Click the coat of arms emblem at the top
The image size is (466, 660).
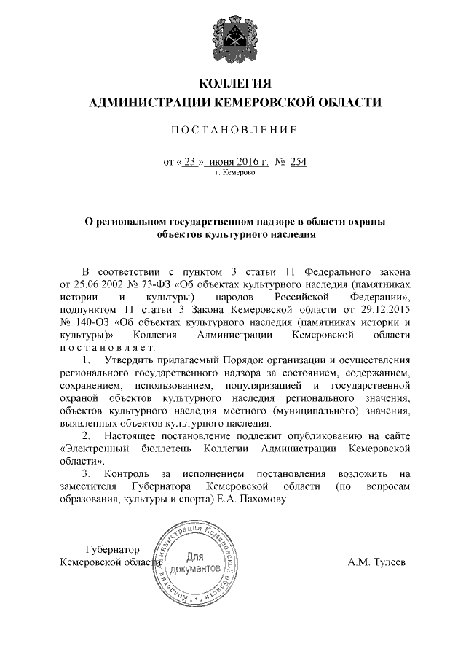pyautogui.click(x=234, y=36)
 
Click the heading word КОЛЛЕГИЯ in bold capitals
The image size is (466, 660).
pyautogui.click(x=234, y=82)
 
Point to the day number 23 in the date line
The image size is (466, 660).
pyautogui.click(x=190, y=163)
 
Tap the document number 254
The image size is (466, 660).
pyautogui.click(x=298, y=163)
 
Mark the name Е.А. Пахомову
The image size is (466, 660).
pyautogui.click(x=253, y=500)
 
